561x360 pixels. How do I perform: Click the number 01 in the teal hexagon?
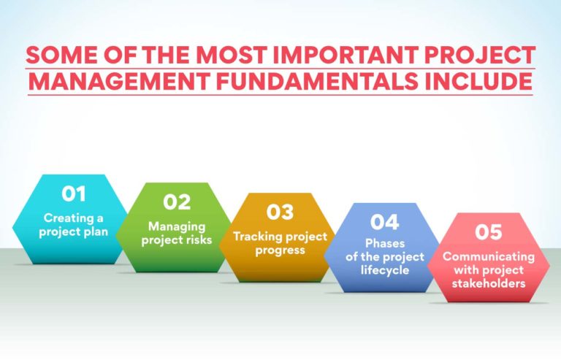pos(74,194)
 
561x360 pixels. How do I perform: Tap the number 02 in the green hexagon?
pos(177,202)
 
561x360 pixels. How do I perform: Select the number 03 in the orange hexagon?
pos(280,212)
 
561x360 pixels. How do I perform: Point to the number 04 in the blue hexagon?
pos(384,221)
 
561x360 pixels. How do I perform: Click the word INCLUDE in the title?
pos(483,82)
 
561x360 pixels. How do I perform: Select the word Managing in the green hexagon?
pos(177,226)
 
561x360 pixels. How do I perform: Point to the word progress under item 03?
pos(279,250)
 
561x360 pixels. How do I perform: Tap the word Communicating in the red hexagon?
pos(489,257)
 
